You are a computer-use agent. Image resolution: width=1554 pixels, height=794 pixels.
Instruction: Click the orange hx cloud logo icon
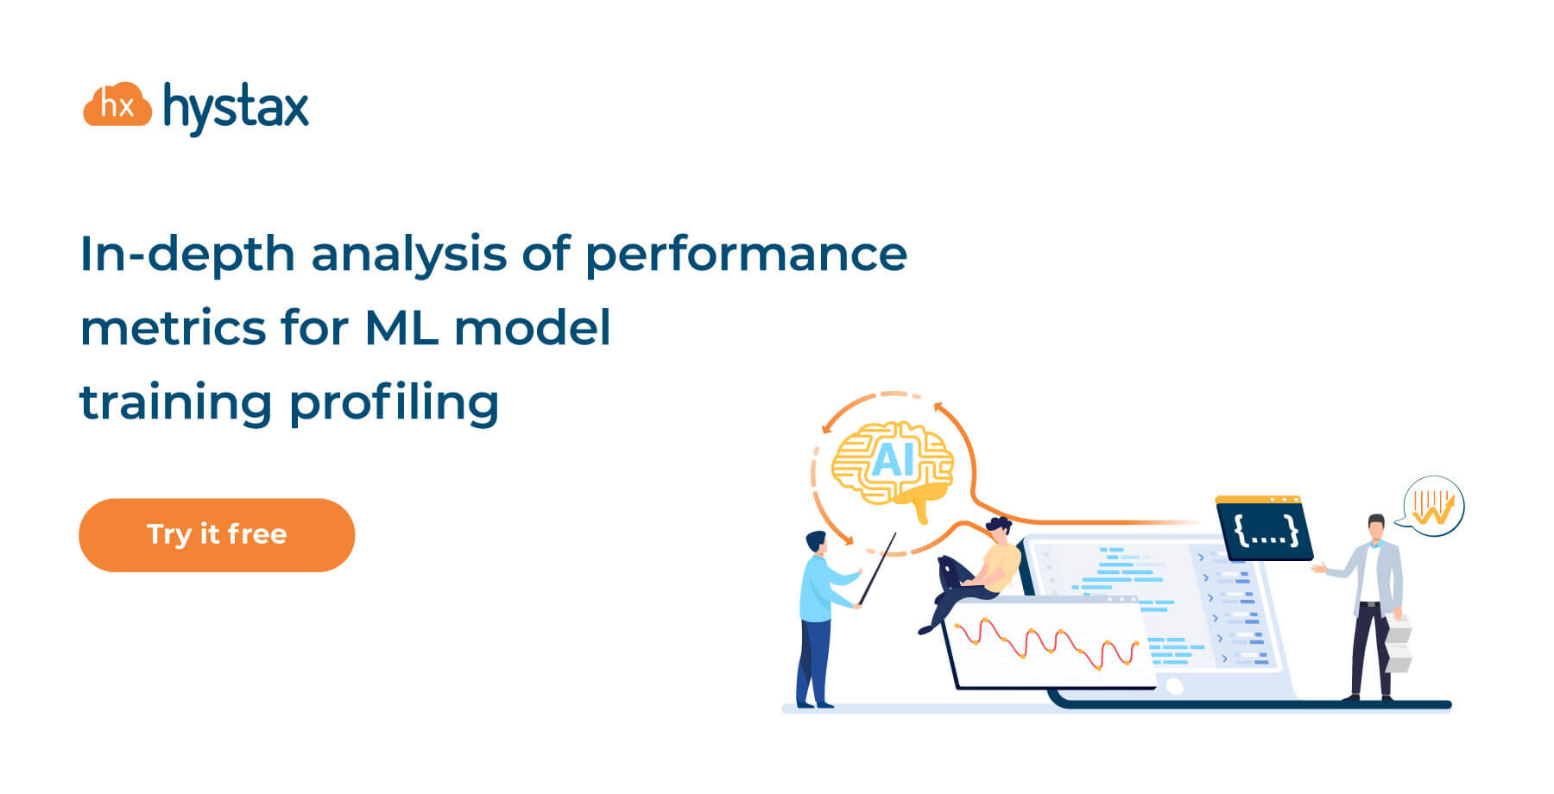click(117, 104)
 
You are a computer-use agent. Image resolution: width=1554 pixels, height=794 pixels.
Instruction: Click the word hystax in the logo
click(236, 109)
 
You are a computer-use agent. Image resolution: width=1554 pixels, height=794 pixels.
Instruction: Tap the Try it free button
click(217, 535)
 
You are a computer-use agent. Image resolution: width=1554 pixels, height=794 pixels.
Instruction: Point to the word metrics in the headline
click(174, 329)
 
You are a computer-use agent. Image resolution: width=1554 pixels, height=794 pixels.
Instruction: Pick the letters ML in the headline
click(401, 328)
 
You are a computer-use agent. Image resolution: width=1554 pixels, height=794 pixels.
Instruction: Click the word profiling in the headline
click(394, 404)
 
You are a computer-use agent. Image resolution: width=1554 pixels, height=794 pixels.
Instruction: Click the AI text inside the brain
click(893, 460)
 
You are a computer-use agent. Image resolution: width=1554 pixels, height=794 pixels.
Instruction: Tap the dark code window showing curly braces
click(1264, 528)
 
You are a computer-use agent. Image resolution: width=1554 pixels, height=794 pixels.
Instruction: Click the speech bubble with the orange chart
click(1431, 507)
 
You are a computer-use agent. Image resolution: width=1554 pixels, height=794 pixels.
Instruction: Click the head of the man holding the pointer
click(816, 542)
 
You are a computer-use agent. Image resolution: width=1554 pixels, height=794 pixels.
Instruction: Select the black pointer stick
click(877, 569)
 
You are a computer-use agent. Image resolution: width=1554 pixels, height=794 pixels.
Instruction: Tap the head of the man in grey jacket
click(1376, 527)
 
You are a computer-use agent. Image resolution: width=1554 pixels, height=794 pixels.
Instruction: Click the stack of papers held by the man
click(1398, 643)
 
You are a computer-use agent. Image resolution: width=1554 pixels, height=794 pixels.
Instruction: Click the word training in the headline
click(176, 404)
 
